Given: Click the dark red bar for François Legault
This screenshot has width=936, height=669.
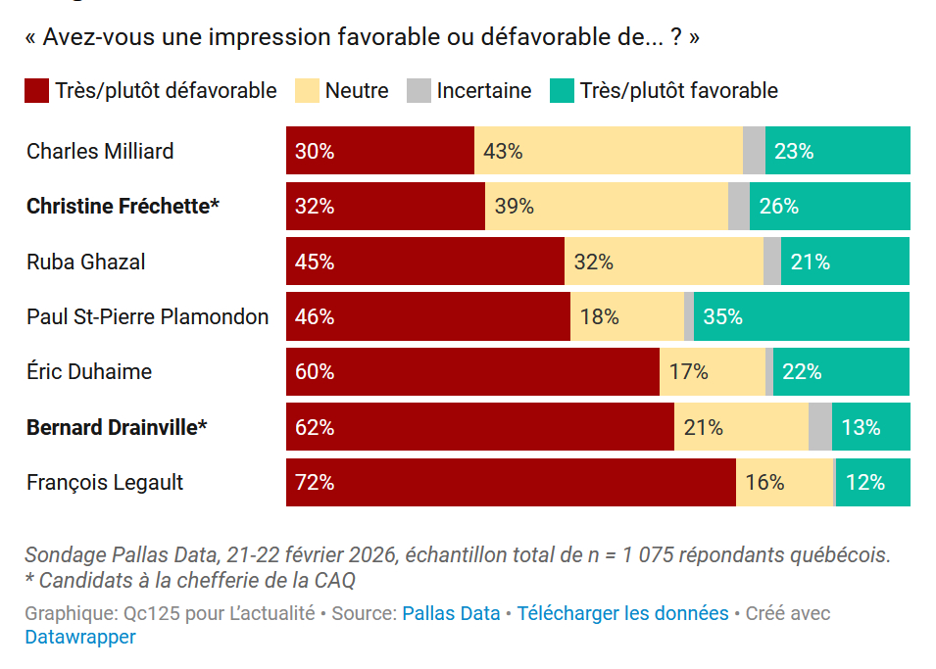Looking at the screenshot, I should point(511,482).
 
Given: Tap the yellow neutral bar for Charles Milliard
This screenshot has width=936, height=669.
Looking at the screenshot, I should point(608,151).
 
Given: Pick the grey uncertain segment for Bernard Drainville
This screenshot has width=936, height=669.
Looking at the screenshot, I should point(820,427).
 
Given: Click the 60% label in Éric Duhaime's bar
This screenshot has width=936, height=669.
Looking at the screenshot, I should point(315,372).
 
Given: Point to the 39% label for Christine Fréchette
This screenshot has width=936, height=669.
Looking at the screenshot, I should point(514,207).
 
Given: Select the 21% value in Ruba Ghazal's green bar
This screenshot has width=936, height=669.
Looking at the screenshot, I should point(811,262).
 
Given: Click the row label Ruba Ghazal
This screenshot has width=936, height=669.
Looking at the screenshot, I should point(86,262).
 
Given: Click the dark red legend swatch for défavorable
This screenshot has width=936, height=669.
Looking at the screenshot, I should point(36,91).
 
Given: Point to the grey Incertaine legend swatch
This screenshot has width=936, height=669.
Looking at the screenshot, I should point(419,91).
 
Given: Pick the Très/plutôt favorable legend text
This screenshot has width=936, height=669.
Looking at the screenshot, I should point(678,91).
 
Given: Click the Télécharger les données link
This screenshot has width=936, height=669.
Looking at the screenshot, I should point(622,614).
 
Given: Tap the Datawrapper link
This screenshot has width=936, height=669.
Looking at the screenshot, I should point(80,637).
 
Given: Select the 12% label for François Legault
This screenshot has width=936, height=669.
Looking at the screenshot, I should point(865,482).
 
